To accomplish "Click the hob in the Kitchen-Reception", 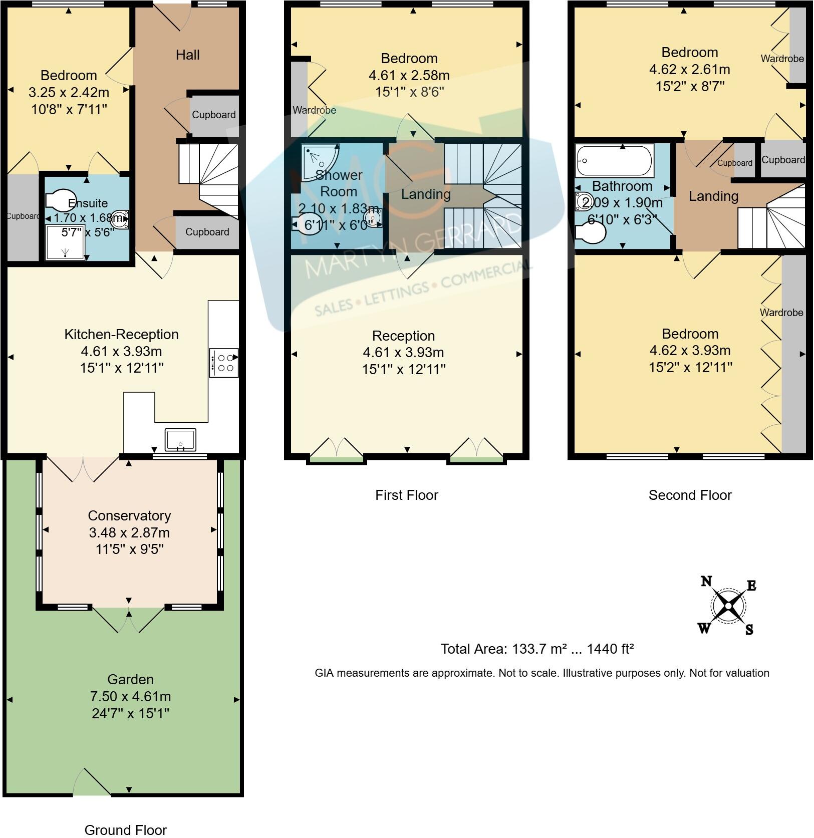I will pos(224,363).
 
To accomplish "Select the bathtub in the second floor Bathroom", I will pos(614,160).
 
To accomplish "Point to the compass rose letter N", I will pos(706,581).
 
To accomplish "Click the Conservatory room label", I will pos(129,515).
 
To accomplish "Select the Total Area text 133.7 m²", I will pos(537,649).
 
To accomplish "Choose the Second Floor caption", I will pos(690,495).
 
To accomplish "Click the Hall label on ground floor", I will pos(187,55).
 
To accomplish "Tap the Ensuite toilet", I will pos(60,199).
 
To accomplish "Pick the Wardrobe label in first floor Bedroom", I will pos(314,110).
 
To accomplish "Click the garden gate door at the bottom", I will pos(93,783).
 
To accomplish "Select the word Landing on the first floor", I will pos(426,194).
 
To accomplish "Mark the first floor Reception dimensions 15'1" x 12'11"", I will pos(404,370).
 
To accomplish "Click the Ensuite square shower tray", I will pos(65,242).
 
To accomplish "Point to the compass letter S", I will pos(749,629).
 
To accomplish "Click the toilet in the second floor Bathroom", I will pos(591,232).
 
